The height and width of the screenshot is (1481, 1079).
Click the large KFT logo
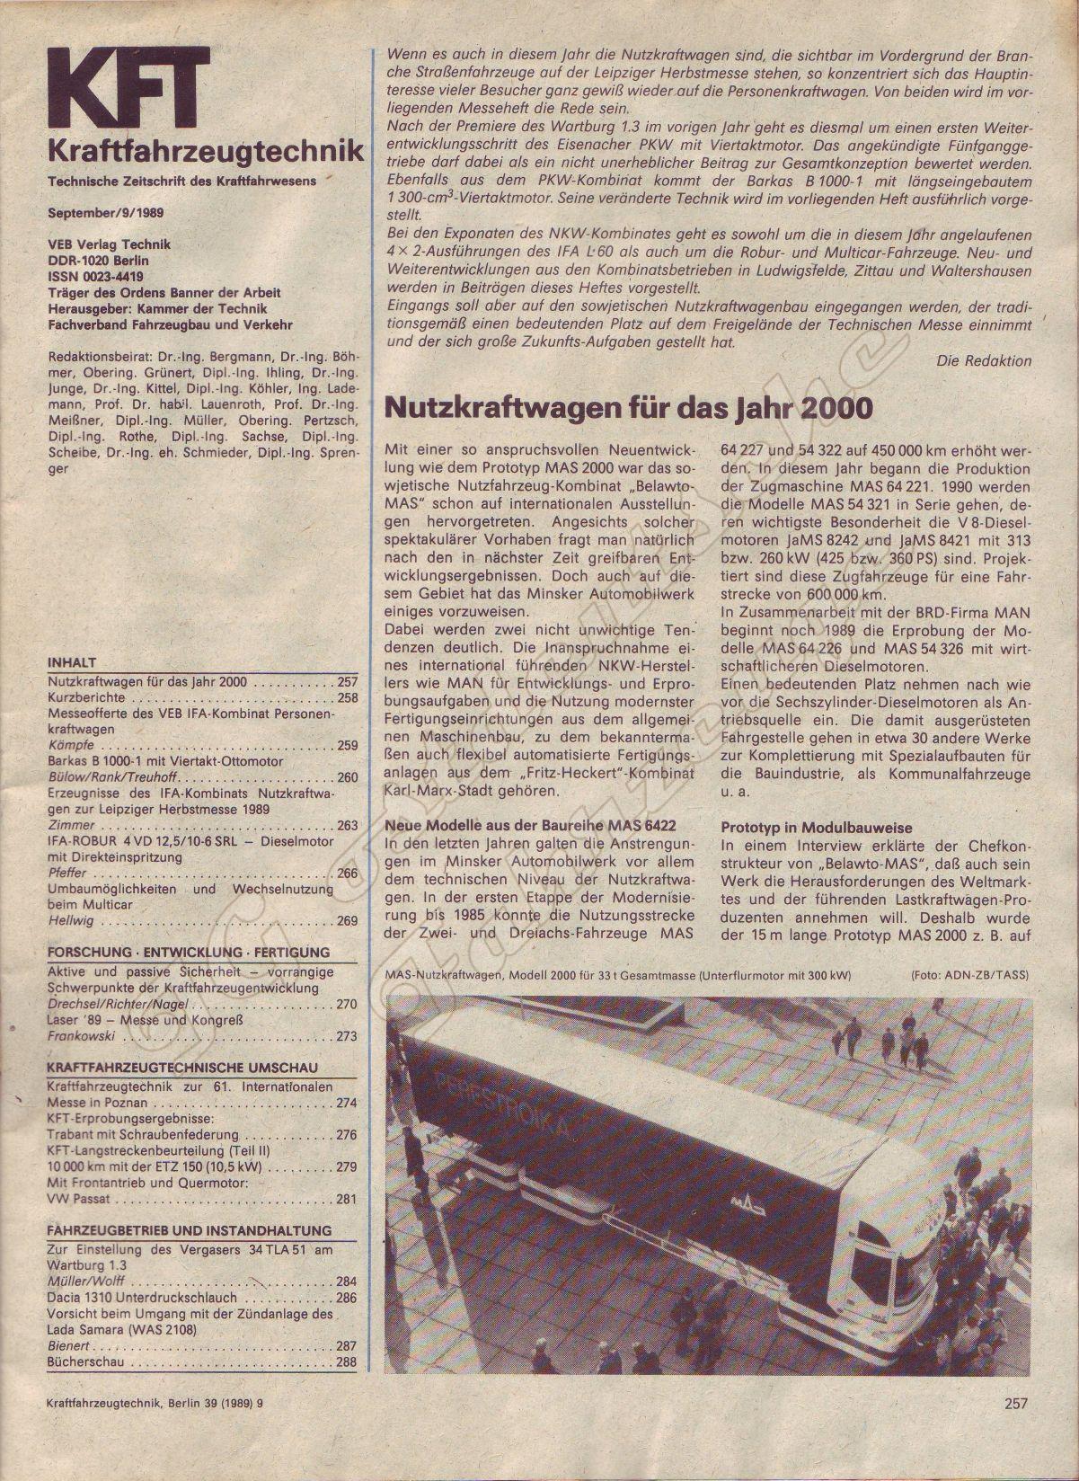click(128, 86)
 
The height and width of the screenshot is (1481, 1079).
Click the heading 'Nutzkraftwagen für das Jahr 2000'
click(628, 409)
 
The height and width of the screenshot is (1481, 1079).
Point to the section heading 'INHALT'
click(71, 662)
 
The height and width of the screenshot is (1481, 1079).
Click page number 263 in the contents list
click(347, 825)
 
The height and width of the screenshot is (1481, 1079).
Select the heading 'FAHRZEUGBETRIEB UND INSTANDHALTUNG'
click(189, 1230)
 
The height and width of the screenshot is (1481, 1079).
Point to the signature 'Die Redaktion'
click(984, 360)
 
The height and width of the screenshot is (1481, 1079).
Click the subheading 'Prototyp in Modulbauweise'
click(816, 827)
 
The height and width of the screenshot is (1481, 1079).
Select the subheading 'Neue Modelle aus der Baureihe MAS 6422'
click(529, 825)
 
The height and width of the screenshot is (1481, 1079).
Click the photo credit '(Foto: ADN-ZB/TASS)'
click(969, 975)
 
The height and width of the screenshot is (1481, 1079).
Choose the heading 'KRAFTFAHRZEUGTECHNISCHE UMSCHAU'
click(181, 1068)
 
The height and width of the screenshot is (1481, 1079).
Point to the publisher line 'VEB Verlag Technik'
click(109, 244)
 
